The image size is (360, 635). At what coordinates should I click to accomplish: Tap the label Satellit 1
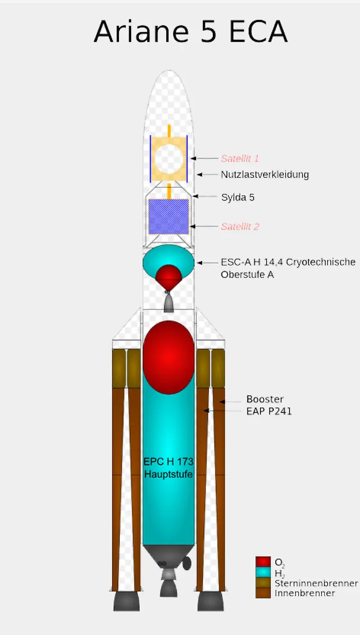coord(239,158)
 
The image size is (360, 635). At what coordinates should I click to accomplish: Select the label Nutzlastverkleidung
coord(265,174)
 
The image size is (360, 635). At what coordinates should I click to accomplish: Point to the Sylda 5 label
coord(238,197)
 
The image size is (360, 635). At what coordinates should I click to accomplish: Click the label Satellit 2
coord(240,226)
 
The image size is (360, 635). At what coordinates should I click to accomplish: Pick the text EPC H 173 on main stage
coord(168,462)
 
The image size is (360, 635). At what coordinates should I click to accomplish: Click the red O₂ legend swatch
coord(263,562)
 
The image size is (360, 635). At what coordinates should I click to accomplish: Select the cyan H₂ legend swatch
coord(263,573)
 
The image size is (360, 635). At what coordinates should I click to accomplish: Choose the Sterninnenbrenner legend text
coord(316,583)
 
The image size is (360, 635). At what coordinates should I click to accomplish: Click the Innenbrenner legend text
coord(304,593)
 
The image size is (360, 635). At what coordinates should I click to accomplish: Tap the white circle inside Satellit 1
coord(169,158)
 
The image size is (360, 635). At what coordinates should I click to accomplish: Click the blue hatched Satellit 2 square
coord(168,216)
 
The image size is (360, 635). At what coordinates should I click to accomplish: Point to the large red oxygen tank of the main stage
coord(168,357)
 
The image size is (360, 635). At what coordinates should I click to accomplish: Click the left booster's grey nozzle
coord(127,601)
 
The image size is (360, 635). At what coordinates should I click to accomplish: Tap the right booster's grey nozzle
coord(211,601)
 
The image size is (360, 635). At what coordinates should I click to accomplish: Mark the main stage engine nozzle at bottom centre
coord(168,585)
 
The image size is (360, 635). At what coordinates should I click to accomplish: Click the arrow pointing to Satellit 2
coord(204,226)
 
